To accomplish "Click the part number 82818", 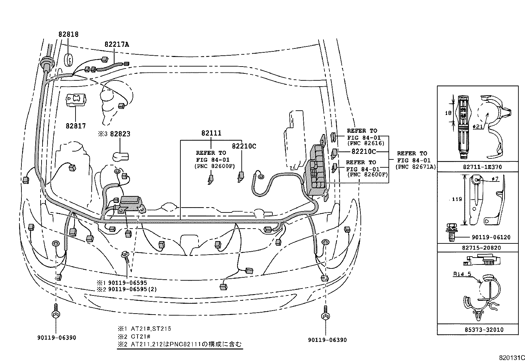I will (x=69, y=34).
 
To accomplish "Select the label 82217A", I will (x=117, y=44).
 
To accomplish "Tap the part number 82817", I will (x=76, y=125).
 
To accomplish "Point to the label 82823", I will (x=120, y=134).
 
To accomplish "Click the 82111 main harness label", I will (x=211, y=133).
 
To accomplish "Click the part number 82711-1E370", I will (x=481, y=167).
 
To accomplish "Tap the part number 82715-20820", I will (x=481, y=247).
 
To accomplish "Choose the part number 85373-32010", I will (x=481, y=329).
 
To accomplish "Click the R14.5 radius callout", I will (x=461, y=273).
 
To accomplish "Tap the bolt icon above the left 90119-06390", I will (x=56, y=313).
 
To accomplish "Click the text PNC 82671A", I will (x=416, y=167).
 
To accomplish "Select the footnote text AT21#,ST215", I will (x=149, y=329).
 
